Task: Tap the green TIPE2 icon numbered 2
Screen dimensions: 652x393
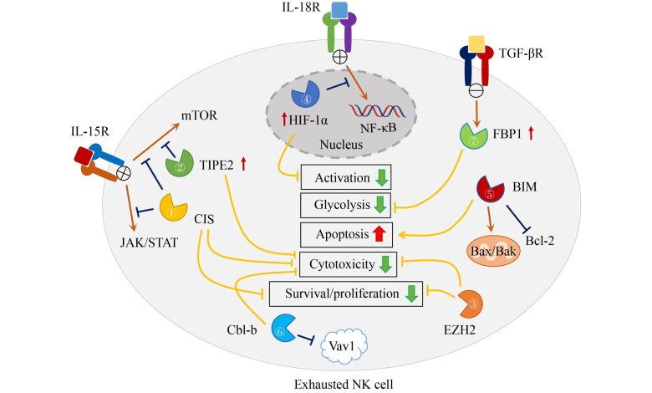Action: pyautogui.click(x=179, y=163)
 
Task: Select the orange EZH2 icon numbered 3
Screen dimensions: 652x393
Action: pyautogui.click(x=471, y=304)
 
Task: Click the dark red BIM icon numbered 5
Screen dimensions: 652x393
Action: pyautogui.click(x=490, y=189)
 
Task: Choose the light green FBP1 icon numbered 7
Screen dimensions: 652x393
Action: pyautogui.click(x=473, y=135)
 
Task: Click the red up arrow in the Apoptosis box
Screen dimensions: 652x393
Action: pyautogui.click(x=379, y=235)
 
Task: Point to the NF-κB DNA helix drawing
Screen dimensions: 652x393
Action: pyautogui.click(x=377, y=110)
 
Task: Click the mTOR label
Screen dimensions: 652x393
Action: pyautogui.click(x=199, y=115)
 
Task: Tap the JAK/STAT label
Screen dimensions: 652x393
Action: pyautogui.click(x=149, y=242)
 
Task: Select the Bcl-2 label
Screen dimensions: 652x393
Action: pyautogui.click(x=540, y=240)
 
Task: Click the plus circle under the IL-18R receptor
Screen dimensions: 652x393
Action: pyautogui.click(x=340, y=57)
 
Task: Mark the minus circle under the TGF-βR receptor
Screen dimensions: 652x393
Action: pyautogui.click(x=476, y=89)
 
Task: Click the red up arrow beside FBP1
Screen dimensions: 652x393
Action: pyautogui.click(x=531, y=134)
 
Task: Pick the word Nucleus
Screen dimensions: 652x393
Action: pyautogui.click(x=341, y=145)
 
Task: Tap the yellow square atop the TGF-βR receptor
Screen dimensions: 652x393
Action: pyautogui.click(x=476, y=44)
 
